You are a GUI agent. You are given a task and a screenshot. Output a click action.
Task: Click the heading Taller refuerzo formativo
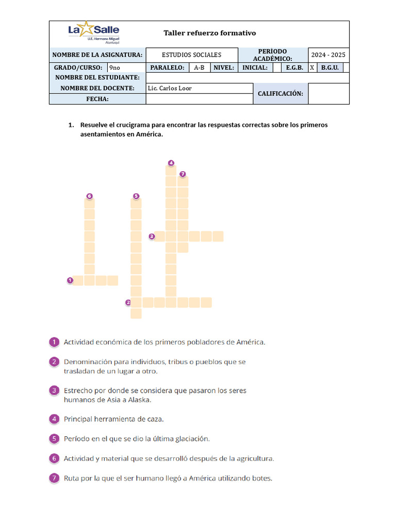pyautogui.click(x=209, y=33)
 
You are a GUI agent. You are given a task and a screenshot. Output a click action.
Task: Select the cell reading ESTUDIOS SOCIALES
pyautogui.click(x=191, y=55)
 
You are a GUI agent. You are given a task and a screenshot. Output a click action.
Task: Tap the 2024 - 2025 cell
pyautogui.click(x=328, y=55)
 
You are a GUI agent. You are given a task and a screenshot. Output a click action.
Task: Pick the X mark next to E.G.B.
pyautogui.click(x=312, y=68)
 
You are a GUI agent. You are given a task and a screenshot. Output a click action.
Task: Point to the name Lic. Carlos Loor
pyautogui.click(x=170, y=88)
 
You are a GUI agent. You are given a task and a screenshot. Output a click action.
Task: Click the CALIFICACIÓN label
pyautogui.click(x=280, y=94)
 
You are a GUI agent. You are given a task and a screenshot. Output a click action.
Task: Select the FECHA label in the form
pyautogui.click(x=97, y=99)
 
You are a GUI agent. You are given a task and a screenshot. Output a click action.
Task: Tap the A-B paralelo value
pyautogui.click(x=199, y=68)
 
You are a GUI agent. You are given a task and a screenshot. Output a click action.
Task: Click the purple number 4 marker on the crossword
pyautogui.click(x=171, y=163)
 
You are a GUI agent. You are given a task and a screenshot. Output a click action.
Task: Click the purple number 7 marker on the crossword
pyautogui.click(x=183, y=174)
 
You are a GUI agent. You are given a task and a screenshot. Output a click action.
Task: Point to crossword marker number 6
pyautogui.click(x=89, y=196)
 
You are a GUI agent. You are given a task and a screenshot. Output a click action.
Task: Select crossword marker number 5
pyautogui.click(x=136, y=196)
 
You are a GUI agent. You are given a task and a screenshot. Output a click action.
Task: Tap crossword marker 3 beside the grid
pyautogui.click(x=152, y=237)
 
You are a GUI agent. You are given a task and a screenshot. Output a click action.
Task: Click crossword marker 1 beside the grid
pyautogui.click(x=70, y=280)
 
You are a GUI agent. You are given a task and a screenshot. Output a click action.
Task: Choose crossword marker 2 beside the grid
pyautogui.click(x=128, y=303)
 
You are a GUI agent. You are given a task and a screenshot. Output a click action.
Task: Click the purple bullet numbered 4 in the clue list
pyautogui.click(x=54, y=419)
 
